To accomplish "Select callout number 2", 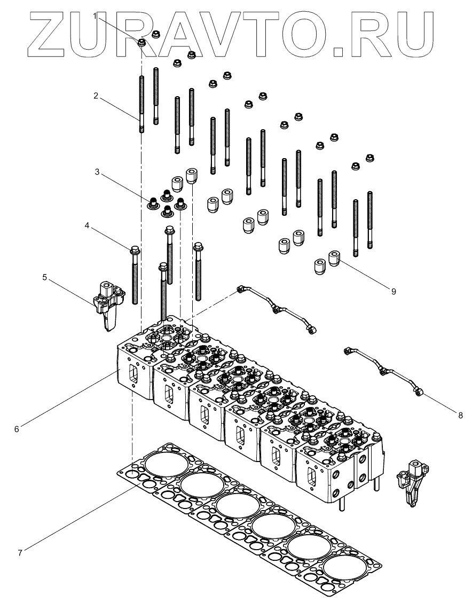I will coord(96,96).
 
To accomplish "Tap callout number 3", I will coord(97,173).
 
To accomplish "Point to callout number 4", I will coord(86,226).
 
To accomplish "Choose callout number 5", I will coord(45,277).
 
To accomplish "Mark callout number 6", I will coord(17,428).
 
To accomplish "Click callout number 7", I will coord(20,552).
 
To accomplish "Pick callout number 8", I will coord(460,413).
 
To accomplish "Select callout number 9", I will coord(393,291).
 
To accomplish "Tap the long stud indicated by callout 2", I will coord(141,104).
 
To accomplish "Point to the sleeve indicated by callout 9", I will coord(334,259).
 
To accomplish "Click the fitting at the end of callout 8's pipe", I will coord(418,394).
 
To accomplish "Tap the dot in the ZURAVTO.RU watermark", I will coord(340,51).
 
